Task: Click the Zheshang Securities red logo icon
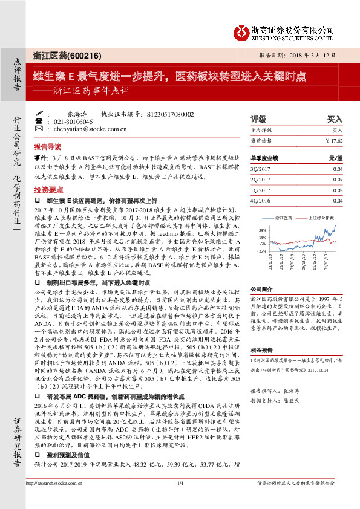(240, 30)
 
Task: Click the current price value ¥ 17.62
(334, 140)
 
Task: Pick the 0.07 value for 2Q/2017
(338, 180)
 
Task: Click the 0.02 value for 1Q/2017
(338, 189)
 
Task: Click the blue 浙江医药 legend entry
(282, 216)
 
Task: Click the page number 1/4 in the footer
(180, 500)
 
